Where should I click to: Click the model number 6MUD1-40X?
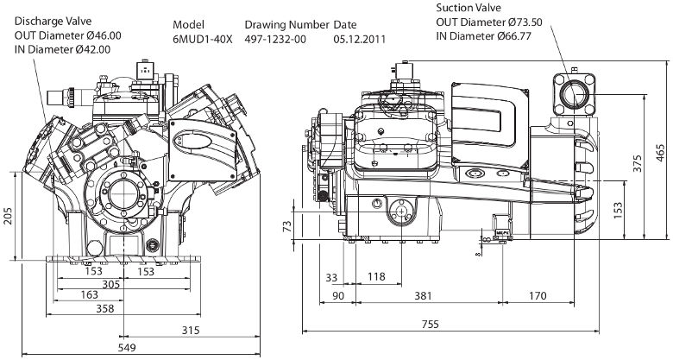pos(202,39)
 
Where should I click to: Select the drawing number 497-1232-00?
pos(275,39)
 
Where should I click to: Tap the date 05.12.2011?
pos(360,39)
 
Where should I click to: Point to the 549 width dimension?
pos(127,348)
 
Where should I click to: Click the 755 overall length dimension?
pos(430,324)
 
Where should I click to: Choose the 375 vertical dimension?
pos(638,164)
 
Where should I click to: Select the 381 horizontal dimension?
pos(423,295)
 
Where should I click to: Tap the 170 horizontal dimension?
pos(538,295)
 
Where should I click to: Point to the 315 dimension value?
pos(191,330)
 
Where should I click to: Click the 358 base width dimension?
pos(105,308)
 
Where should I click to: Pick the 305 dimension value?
pos(110,284)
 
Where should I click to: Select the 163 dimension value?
pos(89,294)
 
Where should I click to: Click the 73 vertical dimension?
pos(287,225)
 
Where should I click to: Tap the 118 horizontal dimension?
pos(376,276)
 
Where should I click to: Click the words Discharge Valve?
pos(53,21)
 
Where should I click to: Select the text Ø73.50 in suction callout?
pos(526,22)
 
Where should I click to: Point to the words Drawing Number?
pos(287,25)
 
